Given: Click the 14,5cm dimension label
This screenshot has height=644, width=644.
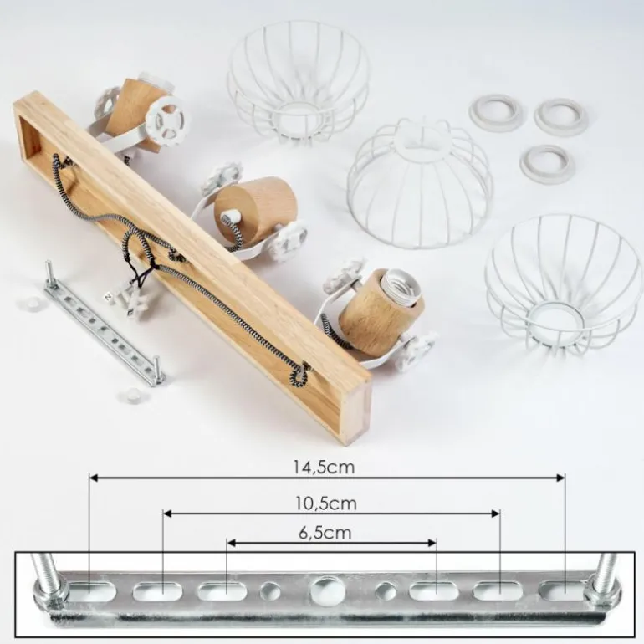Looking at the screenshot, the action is [324, 467].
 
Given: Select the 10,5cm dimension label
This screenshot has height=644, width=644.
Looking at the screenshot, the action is [326, 503].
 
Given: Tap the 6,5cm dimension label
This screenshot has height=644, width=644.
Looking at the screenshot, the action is [325, 533].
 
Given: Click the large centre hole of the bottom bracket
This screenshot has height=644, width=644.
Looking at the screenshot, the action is [328, 590].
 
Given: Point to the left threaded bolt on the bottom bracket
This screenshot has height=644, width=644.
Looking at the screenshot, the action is [49, 575].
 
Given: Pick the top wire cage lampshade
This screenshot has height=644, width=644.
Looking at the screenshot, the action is [298, 82].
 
